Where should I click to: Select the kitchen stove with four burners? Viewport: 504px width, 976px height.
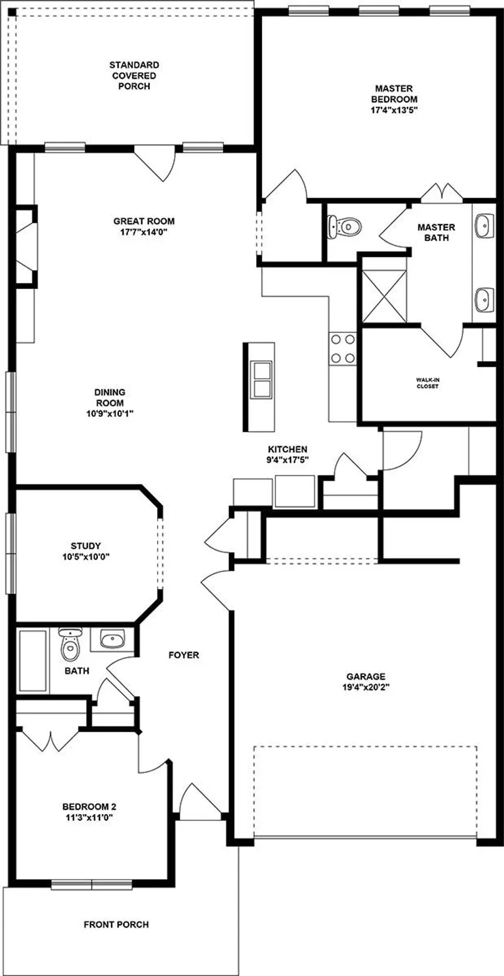(x=342, y=349)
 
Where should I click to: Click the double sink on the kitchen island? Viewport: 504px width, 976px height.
(x=261, y=379)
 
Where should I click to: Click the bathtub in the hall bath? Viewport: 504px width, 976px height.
(x=33, y=661)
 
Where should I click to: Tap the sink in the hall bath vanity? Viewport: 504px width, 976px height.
(x=113, y=639)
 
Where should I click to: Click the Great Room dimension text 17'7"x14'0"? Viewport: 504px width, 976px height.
(x=144, y=232)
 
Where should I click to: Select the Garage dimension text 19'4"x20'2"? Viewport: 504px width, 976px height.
(x=366, y=687)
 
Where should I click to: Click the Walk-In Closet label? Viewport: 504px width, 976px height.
(x=427, y=383)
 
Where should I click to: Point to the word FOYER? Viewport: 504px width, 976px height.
(x=184, y=654)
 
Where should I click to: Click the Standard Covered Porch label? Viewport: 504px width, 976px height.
(x=134, y=76)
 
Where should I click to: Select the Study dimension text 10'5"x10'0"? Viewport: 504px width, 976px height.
(x=86, y=556)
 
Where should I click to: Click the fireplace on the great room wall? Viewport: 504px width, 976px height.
(x=26, y=246)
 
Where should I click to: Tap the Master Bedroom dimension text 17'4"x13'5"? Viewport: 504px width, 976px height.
(x=394, y=110)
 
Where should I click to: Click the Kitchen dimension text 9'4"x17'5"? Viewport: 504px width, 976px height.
(x=288, y=460)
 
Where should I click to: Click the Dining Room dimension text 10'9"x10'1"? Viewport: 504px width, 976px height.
(x=110, y=413)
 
